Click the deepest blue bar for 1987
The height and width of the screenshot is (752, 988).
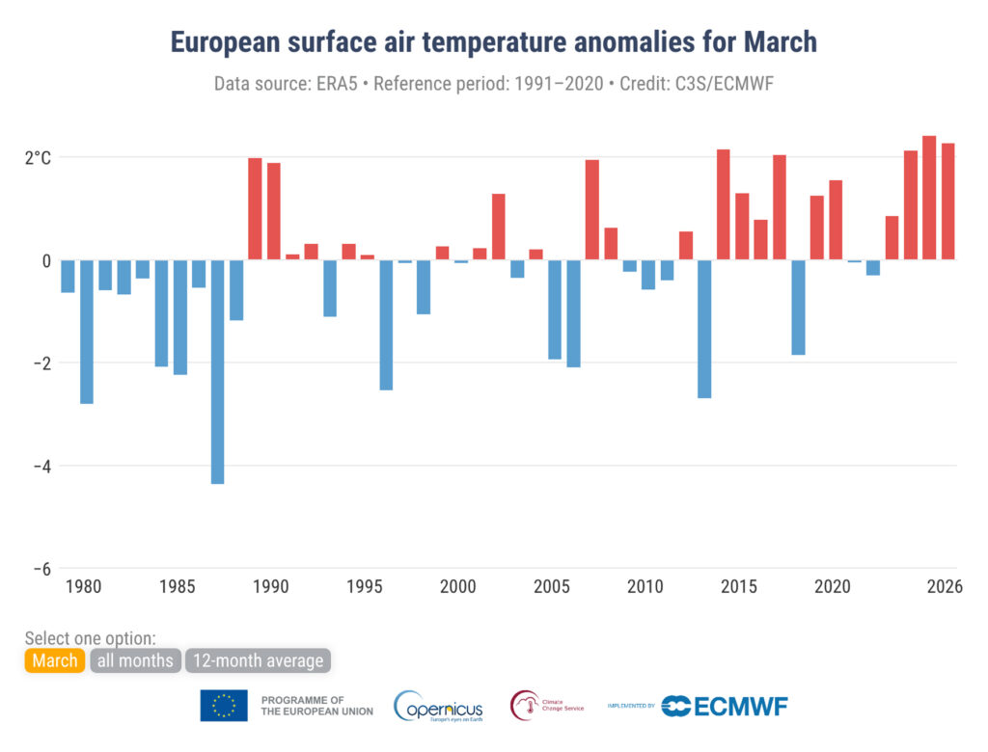pyautogui.click(x=218, y=371)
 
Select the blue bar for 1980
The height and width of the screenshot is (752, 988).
pyautogui.click(x=87, y=332)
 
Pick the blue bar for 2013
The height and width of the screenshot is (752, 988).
pyautogui.click(x=704, y=329)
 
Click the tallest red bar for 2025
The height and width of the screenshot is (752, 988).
pyautogui.click(x=929, y=198)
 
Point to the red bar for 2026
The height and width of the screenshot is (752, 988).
pyautogui.click(x=948, y=201)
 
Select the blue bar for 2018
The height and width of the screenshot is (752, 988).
pyautogui.click(x=798, y=308)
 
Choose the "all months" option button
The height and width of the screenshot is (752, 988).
pyautogui.click(x=135, y=660)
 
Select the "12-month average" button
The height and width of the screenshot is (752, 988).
pyautogui.click(x=258, y=660)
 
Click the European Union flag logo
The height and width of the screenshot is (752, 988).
pyautogui.click(x=224, y=706)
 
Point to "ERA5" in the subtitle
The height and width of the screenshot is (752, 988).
pyautogui.click(x=342, y=84)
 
